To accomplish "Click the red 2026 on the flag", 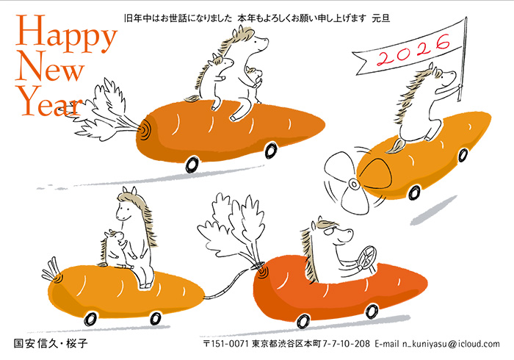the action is point(413,50).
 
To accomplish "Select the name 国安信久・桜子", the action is point(51,343).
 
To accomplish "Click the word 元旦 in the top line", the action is point(381,18).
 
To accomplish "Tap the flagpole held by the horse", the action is point(464,58).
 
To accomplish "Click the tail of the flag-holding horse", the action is point(396,146).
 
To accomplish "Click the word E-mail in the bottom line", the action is point(387,344).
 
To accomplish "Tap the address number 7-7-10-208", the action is point(346,344).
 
